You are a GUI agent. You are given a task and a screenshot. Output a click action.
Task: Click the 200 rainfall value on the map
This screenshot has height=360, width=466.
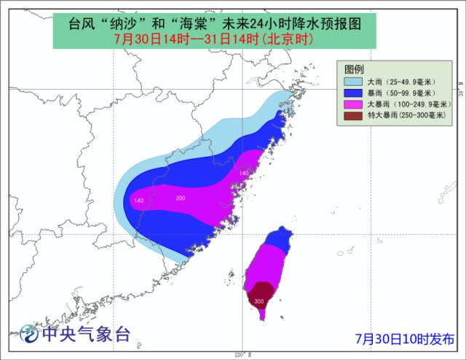tap(181, 198)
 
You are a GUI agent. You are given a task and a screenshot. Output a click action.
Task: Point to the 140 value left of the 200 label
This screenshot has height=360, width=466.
tap(138, 200)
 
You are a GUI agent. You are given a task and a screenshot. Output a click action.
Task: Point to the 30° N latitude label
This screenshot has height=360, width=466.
tap(460, 92)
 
